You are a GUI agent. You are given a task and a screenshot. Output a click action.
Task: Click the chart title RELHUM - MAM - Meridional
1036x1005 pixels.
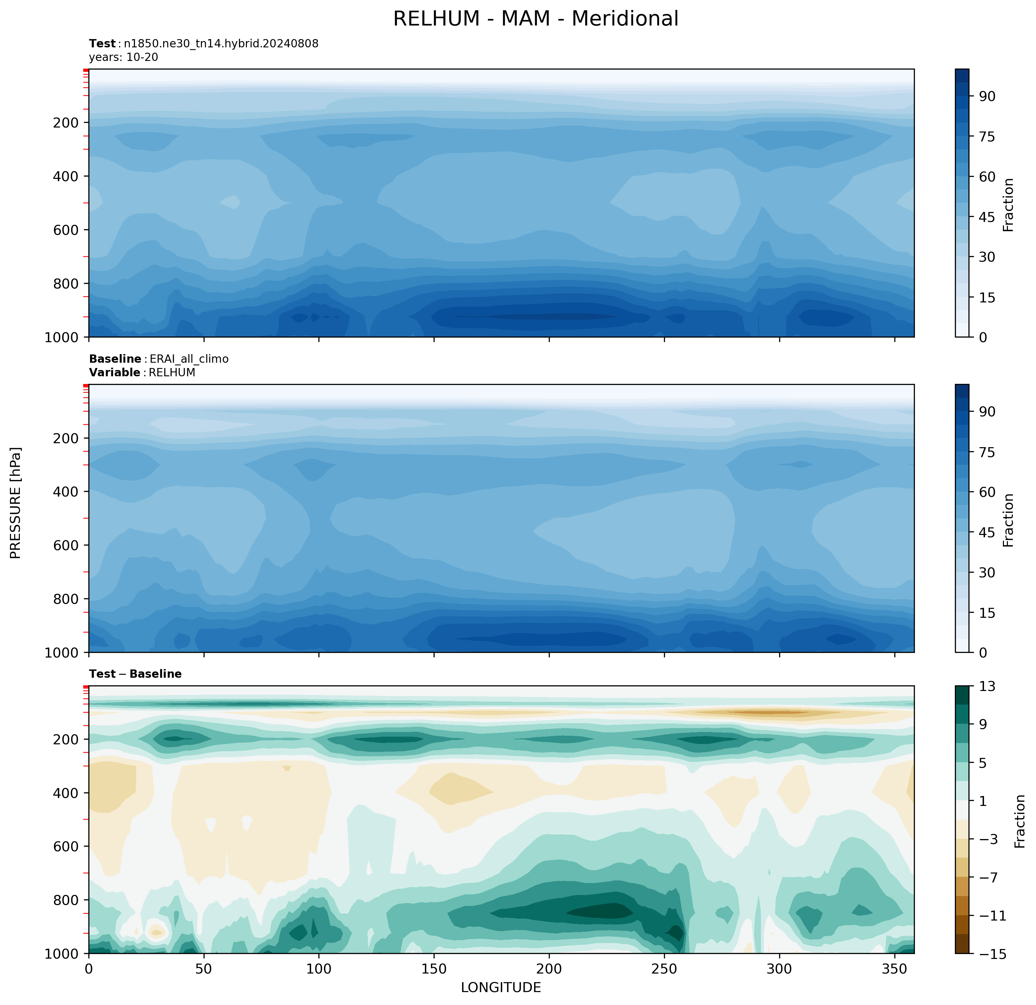coord(536,19)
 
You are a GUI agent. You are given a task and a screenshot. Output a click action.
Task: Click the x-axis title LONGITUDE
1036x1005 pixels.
coord(500,987)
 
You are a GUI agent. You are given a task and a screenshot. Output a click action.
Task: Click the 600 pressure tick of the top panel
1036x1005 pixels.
coord(66,230)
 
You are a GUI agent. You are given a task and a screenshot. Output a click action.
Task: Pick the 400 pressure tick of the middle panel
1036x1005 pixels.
coord(66,492)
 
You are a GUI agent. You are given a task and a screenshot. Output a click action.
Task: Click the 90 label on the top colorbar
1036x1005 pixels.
coord(987,96)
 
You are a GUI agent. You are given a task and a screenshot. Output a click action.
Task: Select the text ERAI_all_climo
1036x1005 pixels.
coord(189,359)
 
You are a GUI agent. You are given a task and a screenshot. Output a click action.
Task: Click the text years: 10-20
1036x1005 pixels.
coord(123,57)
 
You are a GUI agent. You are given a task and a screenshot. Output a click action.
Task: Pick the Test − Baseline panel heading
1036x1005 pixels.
coord(135,674)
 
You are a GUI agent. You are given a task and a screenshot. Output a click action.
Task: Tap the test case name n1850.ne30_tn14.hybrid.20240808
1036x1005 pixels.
coord(221,43)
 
